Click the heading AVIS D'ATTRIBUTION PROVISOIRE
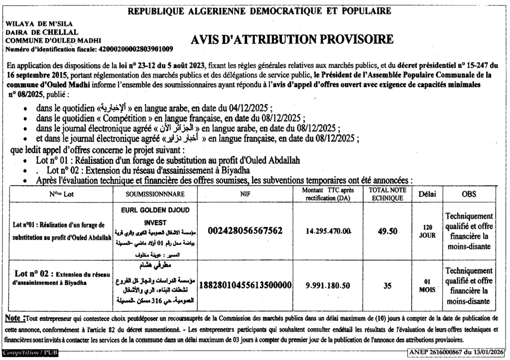pyautogui.click(x=293, y=39)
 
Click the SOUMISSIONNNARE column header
pyautogui.click(x=155, y=194)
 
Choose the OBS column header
pyautogui.click(x=469, y=194)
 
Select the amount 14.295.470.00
pyautogui.click(x=329, y=231)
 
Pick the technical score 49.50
pyautogui.click(x=387, y=231)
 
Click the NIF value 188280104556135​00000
pyautogui.click(x=245, y=286)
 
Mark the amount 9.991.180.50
pyautogui.click(x=329, y=286)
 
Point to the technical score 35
pyautogui.click(x=387, y=286)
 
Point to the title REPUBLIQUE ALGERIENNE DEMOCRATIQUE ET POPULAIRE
pyautogui.click(x=259, y=10)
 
